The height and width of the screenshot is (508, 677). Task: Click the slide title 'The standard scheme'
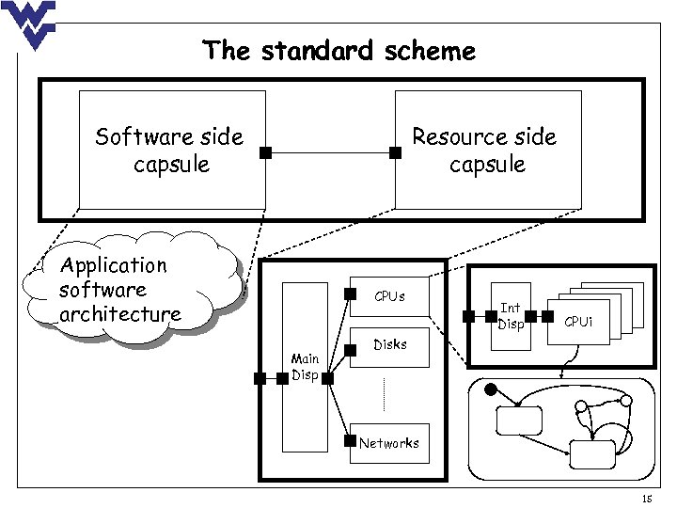tap(339, 50)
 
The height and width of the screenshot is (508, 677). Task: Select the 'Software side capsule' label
tap(169, 151)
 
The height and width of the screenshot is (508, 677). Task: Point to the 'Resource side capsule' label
tap(485, 151)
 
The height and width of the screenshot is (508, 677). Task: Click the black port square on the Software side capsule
tap(266, 151)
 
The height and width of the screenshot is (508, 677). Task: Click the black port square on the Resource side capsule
tap(395, 151)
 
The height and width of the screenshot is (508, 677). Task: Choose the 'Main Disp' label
tap(305, 367)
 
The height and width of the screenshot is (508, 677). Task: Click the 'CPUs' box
tap(389, 297)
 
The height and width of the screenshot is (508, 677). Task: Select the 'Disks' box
tap(389, 345)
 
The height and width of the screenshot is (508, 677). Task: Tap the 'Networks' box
tap(389, 442)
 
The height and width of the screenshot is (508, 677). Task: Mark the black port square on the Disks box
tap(350, 351)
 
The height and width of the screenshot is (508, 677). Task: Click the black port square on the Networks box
tap(350, 437)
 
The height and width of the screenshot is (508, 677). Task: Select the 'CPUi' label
tap(578, 323)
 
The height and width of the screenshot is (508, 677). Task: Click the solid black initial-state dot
tap(490, 389)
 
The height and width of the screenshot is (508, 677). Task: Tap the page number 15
tap(646, 498)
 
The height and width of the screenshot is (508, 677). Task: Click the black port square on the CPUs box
tap(350, 294)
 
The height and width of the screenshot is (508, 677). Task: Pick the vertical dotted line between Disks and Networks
tap(385, 393)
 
